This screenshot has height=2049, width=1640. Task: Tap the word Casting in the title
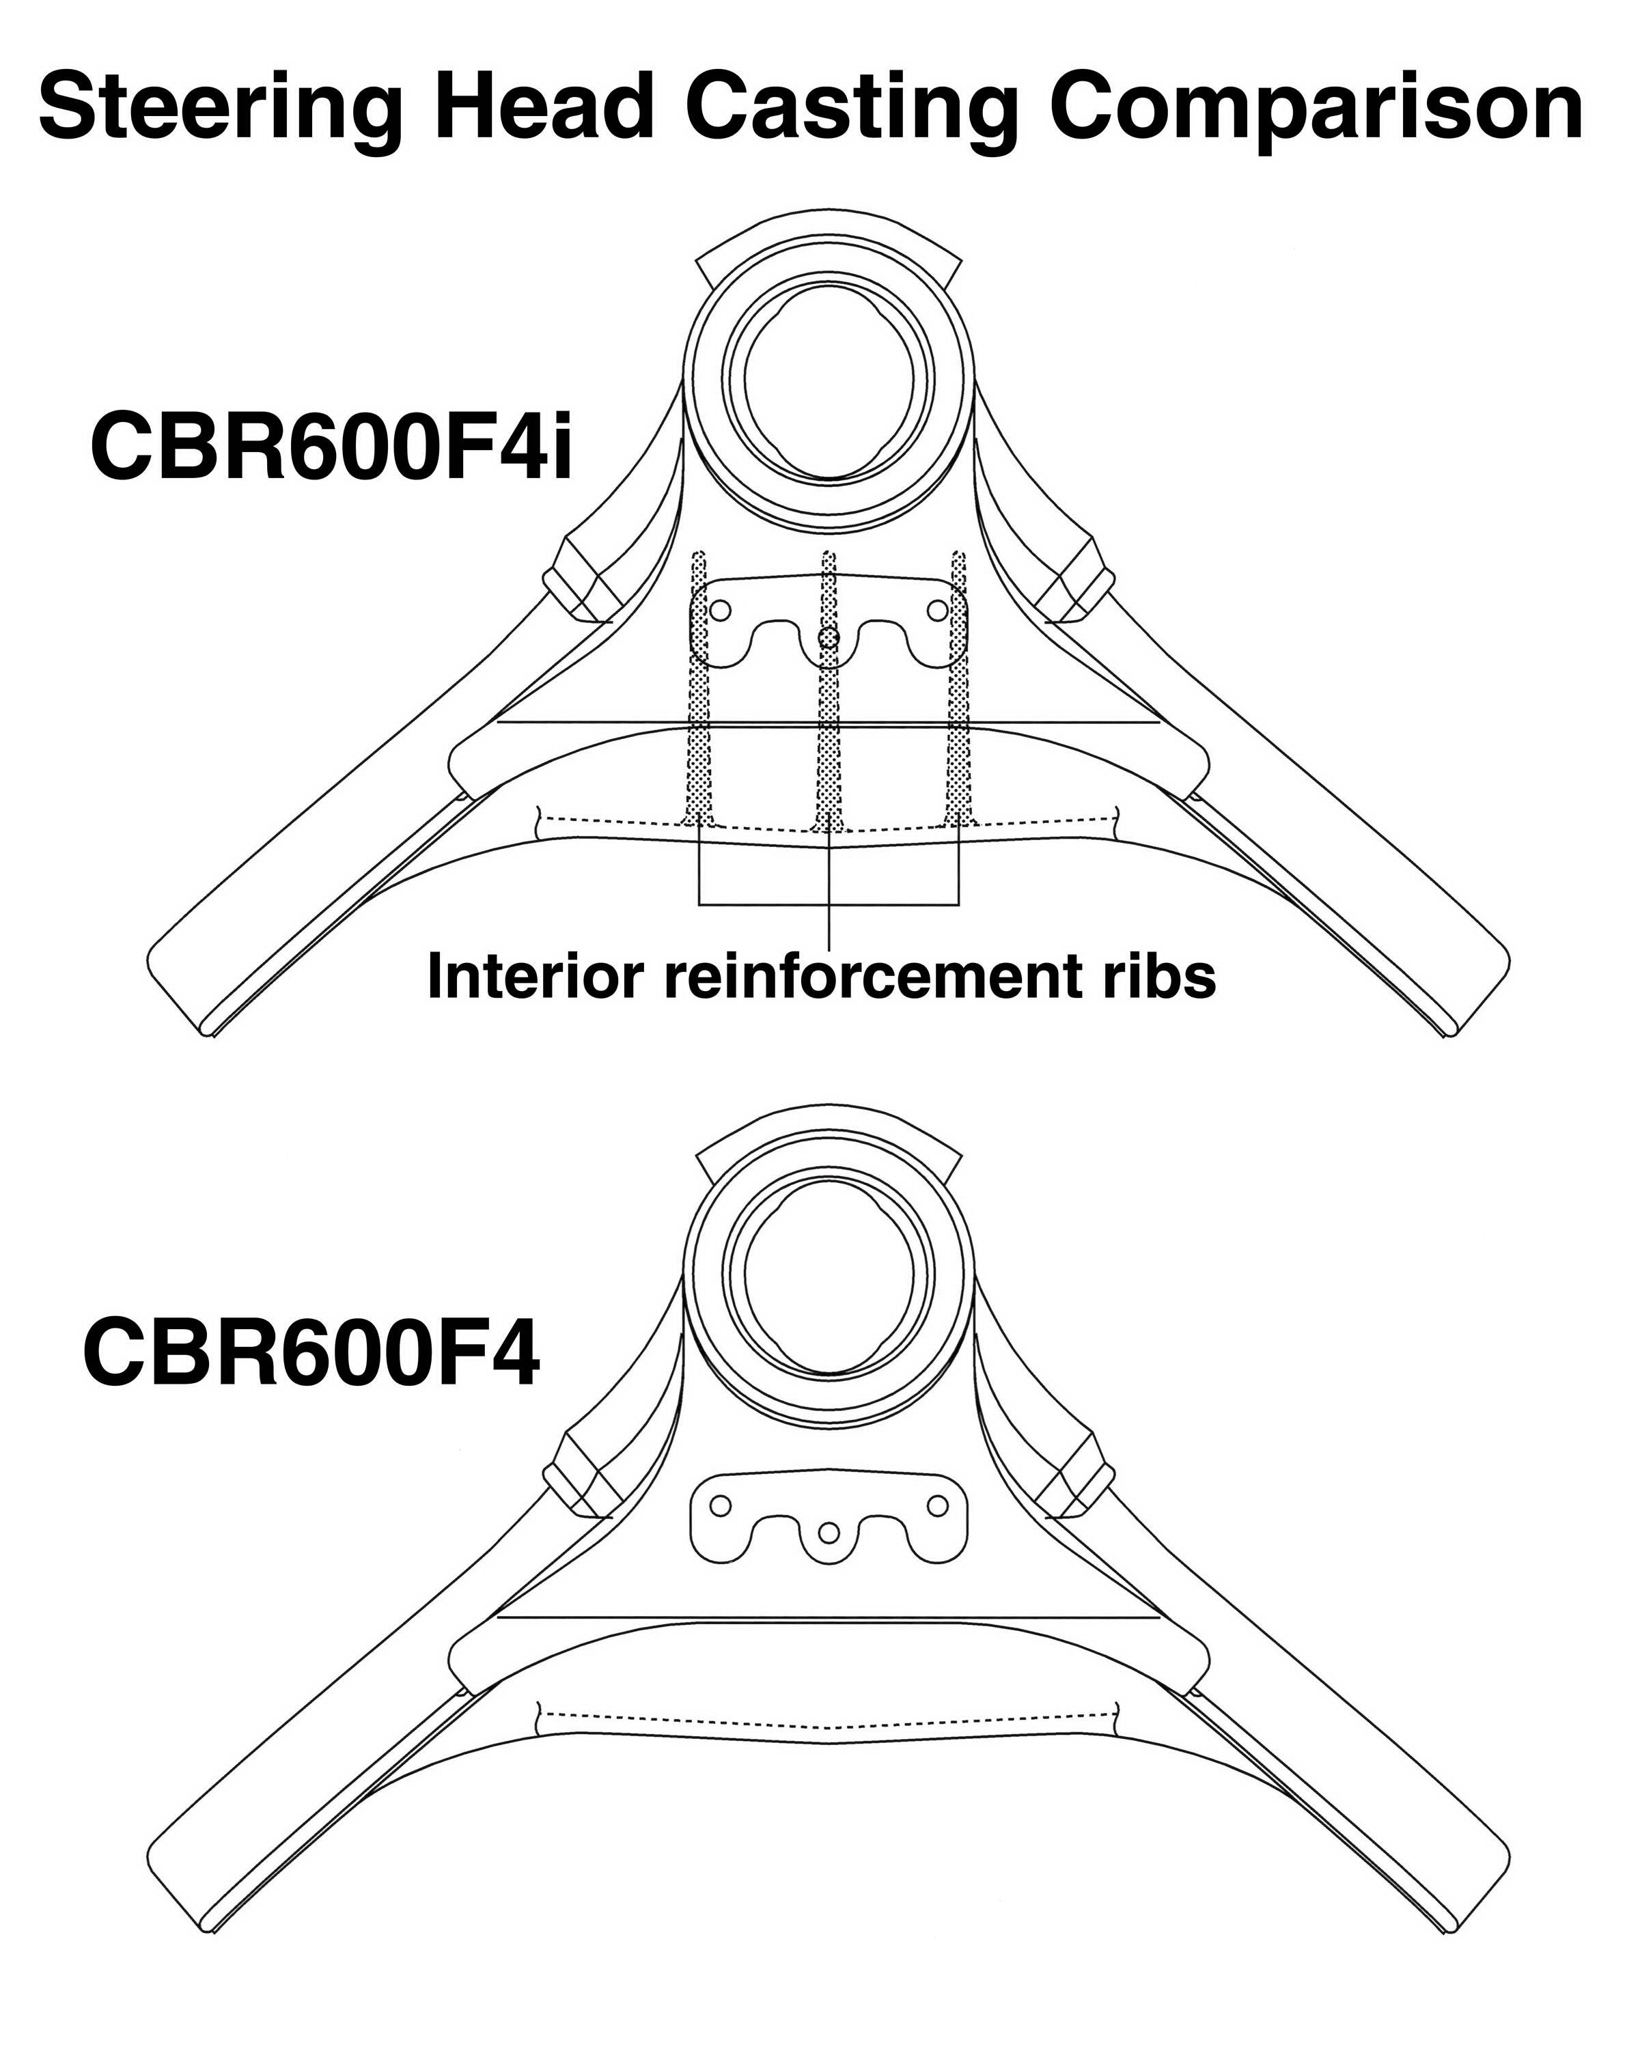851,109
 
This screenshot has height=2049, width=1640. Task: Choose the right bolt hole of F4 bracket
938,1505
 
